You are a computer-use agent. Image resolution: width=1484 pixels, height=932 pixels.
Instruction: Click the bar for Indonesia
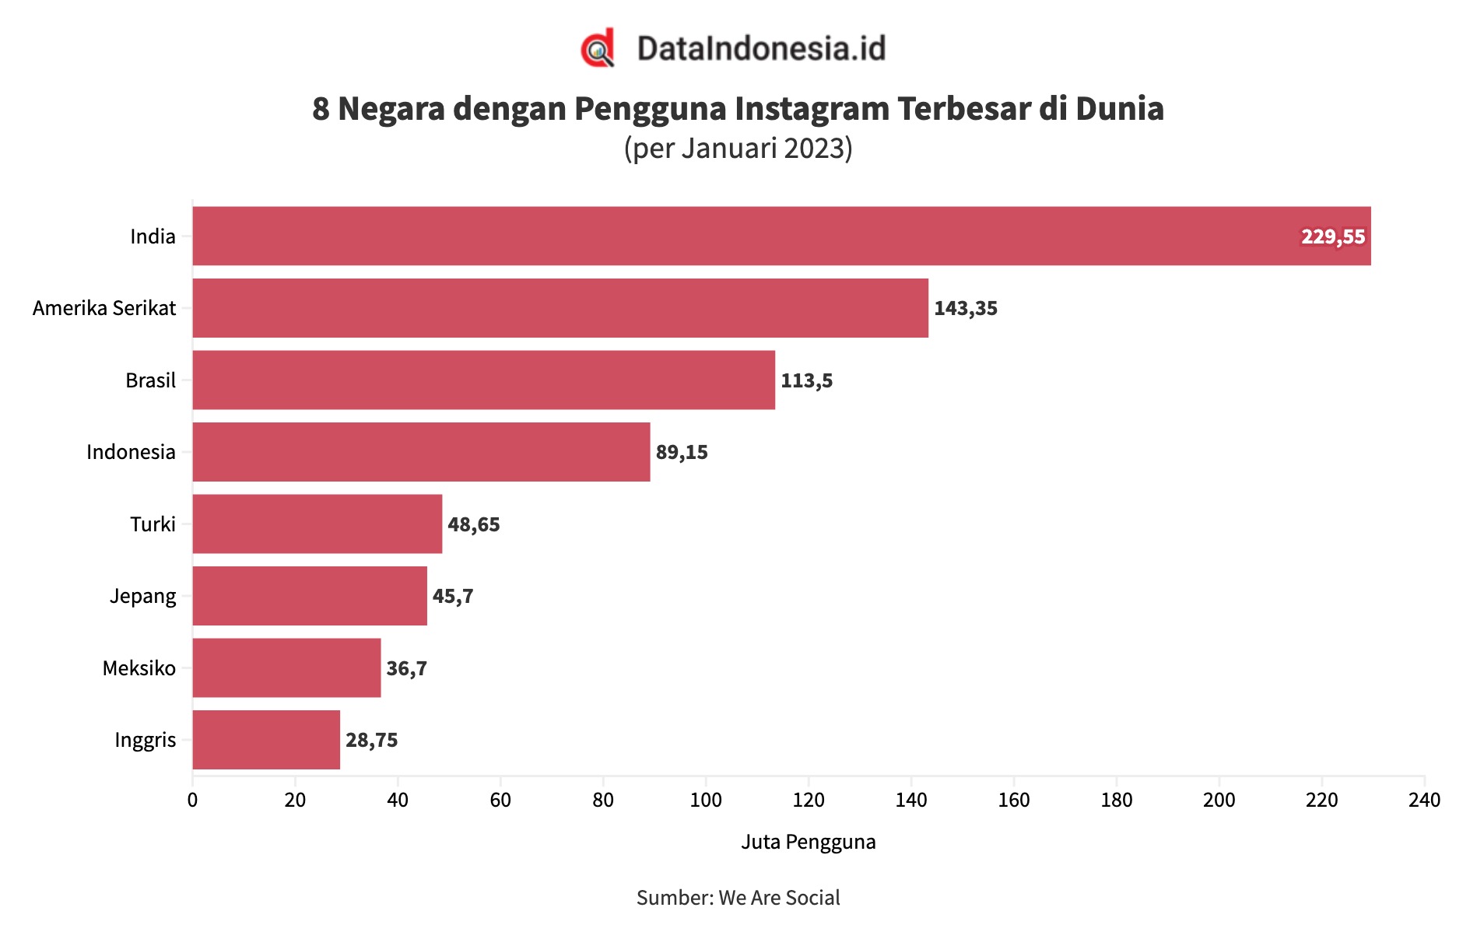pyautogui.click(x=420, y=452)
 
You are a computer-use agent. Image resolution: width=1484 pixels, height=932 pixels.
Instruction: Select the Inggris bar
pyautogui.click(x=266, y=740)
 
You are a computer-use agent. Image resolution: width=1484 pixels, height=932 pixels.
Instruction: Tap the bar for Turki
pyautogui.click(x=317, y=524)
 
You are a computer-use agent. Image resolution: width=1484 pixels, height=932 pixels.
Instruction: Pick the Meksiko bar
pyautogui.click(x=286, y=667)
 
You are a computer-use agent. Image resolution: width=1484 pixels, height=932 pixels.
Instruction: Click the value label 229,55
pyautogui.click(x=1332, y=237)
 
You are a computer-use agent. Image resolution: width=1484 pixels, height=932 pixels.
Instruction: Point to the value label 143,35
pyautogui.click(x=965, y=308)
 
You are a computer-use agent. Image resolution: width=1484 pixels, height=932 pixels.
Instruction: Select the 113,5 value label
pyautogui.click(x=806, y=380)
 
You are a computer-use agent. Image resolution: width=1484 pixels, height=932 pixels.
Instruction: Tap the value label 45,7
pyautogui.click(x=452, y=596)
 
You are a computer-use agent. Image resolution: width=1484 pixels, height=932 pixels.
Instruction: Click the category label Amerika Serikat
pyautogui.click(x=104, y=308)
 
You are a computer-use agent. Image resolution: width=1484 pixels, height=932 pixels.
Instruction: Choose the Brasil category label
pyautogui.click(x=150, y=380)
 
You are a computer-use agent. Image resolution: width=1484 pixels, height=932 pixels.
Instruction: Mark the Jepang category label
pyautogui.click(x=142, y=597)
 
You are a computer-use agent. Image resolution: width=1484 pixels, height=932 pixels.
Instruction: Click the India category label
pyautogui.click(x=153, y=237)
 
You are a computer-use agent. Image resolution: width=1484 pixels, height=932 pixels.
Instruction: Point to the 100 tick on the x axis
pyautogui.click(x=705, y=800)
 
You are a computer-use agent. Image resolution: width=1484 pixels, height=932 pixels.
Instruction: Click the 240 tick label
pyautogui.click(x=1423, y=800)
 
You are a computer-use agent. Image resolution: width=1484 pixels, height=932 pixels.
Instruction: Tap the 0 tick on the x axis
pyautogui.click(x=192, y=800)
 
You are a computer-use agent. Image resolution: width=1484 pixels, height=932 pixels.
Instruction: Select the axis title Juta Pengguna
pyautogui.click(x=808, y=842)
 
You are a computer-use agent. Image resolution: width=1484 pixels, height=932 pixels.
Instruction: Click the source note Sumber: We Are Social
pyautogui.click(x=738, y=898)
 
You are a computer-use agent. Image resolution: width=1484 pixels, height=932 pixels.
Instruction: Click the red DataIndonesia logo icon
pyautogui.click(x=598, y=48)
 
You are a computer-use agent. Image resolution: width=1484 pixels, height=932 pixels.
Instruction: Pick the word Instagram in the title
pyautogui.click(x=812, y=109)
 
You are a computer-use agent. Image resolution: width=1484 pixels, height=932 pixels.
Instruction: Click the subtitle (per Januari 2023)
pyautogui.click(x=738, y=148)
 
